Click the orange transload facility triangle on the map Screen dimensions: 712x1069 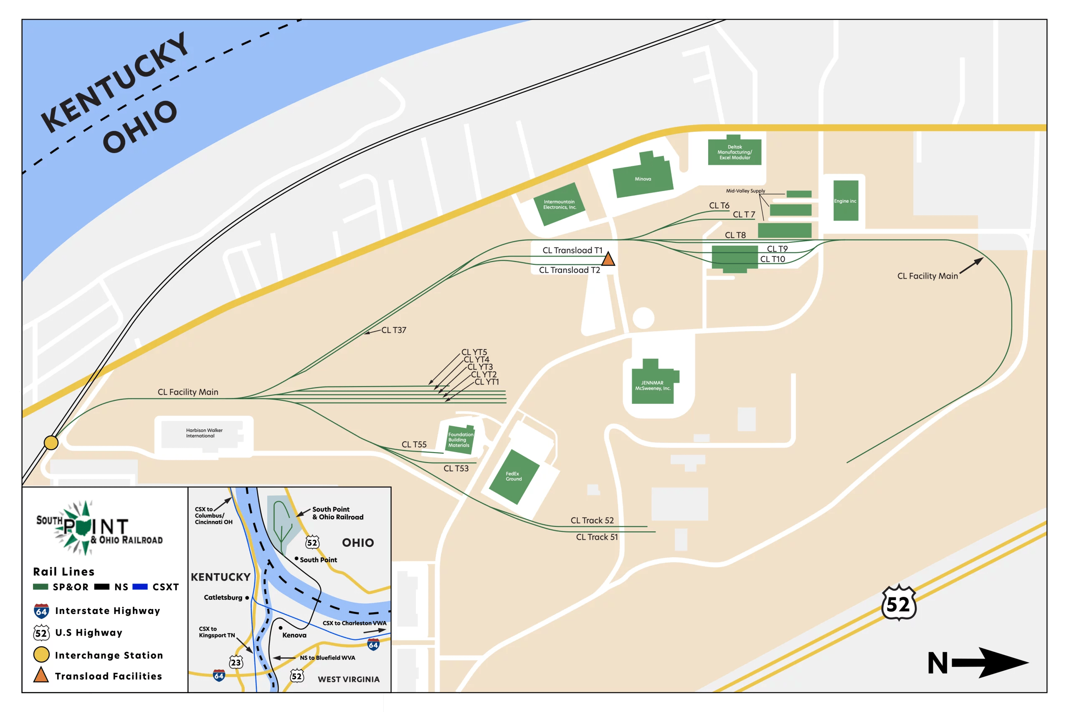tap(608, 260)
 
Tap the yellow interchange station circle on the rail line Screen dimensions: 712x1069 tap(51, 442)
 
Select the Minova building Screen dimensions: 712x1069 tap(643, 179)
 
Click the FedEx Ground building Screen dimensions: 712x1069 tap(514, 476)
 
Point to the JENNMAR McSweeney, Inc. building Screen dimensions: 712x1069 tap(653, 385)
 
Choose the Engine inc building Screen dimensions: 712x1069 tap(845, 201)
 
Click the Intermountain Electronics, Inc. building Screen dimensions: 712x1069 tap(560, 204)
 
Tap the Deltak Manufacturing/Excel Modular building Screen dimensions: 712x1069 tap(735, 152)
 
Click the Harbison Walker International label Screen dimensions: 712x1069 tap(204, 433)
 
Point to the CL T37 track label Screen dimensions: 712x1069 tap(394, 330)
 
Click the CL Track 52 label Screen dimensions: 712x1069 tap(592, 521)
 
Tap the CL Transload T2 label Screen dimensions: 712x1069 tap(569, 270)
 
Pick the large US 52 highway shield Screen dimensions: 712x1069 tap(899, 604)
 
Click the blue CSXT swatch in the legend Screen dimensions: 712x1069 tap(140, 587)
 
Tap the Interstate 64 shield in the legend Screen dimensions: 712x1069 tap(41, 611)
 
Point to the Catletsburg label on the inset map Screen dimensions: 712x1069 tap(223, 598)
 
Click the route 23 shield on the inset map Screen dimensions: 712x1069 tap(236, 662)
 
